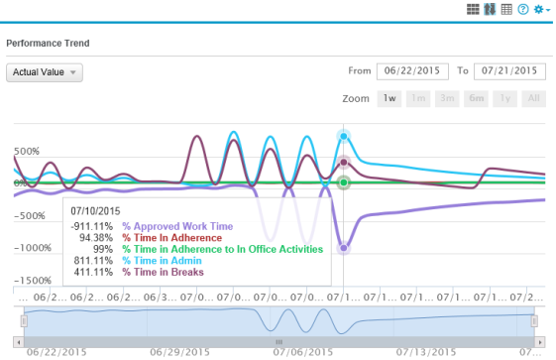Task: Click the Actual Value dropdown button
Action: coord(45,72)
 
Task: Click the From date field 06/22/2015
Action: coord(409,71)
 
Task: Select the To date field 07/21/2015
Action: coord(509,71)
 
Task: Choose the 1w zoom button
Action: coord(390,99)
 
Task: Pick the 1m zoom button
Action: coord(419,99)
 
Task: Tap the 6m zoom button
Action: coord(477,99)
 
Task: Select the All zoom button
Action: coord(534,99)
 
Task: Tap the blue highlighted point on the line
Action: coord(344,136)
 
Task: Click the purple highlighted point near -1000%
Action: coord(344,248)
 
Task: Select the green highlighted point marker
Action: coord(344,183)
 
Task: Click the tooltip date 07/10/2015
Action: coord(95,210)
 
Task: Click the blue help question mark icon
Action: coord(522,9)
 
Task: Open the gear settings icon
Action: coord(540,9)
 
